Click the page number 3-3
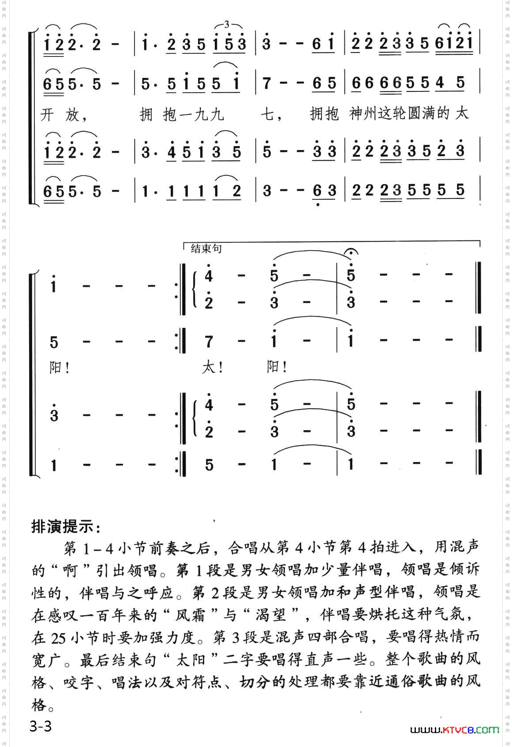41,726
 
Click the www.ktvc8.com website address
454,730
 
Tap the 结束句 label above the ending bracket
206,249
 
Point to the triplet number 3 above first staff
227,25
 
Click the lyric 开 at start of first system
47,115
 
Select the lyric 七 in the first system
267,115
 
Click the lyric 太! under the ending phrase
212,367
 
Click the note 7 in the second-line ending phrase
209,342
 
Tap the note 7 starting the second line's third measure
266,83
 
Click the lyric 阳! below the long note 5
59,367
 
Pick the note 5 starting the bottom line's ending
209,465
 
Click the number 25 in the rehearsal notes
59,638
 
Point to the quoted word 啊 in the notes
70,570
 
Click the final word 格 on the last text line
39,705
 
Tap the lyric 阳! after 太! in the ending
277,367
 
